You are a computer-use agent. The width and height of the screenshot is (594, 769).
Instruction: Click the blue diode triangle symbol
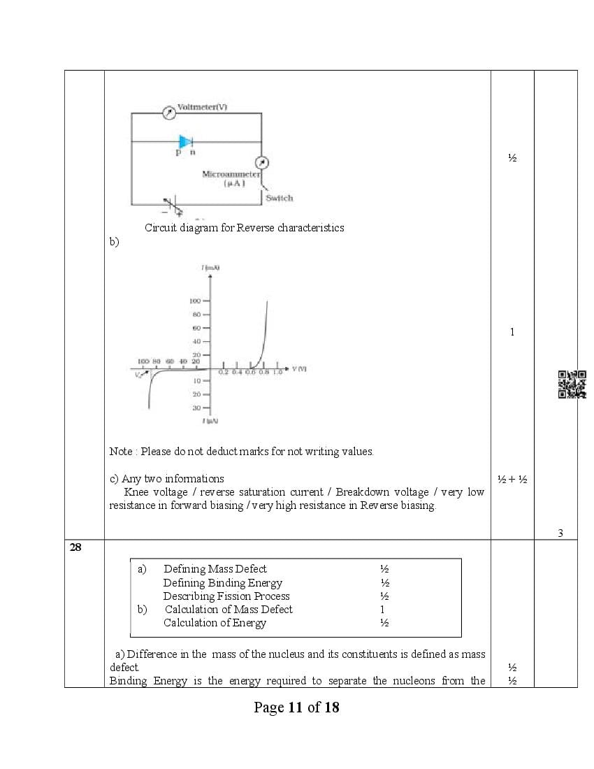pyautogui.click(x=185, y=142)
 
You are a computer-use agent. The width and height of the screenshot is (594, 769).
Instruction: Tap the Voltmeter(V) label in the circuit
pyautogui.click(x=202, y=107)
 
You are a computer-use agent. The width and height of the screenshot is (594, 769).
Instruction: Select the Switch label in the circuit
pyautogui.click(x=279, y=199)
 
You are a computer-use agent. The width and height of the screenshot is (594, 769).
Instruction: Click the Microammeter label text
pyautogui.click(x=231, y=174)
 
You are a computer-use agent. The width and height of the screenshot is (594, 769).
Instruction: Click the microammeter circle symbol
pyautogui.click(x=261, y=163)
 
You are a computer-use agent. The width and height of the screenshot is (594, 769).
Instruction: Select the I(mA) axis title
pyautogui.click(x=210, y=268)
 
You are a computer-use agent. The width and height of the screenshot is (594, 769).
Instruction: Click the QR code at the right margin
pyautogui.click(x=572, y=384)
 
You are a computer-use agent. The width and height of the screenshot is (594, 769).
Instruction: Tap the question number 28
pyautogui.click(x=75, y=547)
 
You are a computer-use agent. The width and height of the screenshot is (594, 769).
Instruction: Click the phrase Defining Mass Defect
pyautogui.click(x=215, y=569)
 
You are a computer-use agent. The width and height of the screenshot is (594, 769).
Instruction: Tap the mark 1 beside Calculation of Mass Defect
pyautogui.click(x=382, y=610)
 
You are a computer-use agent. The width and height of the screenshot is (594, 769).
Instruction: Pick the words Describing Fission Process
pyautogui.click(x=226, y=596)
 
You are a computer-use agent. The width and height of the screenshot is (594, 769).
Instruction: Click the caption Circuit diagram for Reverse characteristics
pyautogui.click(x=244, y=228)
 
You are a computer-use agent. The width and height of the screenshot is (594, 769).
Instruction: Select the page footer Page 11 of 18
pyautogui.click(x=296, y=707)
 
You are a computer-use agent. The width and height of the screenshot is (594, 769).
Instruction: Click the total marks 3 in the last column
pyautogui.click(x=560, y=533)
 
